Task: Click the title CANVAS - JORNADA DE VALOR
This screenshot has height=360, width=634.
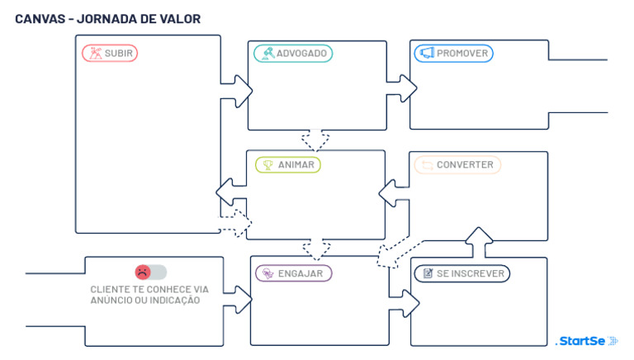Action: coord(107,18)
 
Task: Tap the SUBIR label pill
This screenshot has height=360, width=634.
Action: coord(110,54)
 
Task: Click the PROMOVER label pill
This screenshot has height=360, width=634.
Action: coord(453,54)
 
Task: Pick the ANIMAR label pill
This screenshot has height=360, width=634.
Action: coord(287,165)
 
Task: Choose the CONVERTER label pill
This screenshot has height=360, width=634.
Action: coord(457,165)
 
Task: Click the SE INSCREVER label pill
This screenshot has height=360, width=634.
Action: coord(461,273)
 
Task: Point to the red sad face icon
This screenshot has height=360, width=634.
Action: coord(143,272)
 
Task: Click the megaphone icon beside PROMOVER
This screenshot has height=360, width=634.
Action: coord(427,54)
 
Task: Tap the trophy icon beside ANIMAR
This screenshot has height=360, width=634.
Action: coord(267,165)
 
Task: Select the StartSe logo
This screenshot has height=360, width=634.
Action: coord(587,340)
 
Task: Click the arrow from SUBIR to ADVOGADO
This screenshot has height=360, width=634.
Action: coord(237,85)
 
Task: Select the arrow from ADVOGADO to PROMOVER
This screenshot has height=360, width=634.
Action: coord(403,85)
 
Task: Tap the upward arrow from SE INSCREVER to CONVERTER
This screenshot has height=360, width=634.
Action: coord(478,240)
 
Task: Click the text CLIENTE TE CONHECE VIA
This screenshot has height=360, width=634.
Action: coord(149,289)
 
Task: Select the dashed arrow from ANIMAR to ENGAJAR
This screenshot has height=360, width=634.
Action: coord(315,247)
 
